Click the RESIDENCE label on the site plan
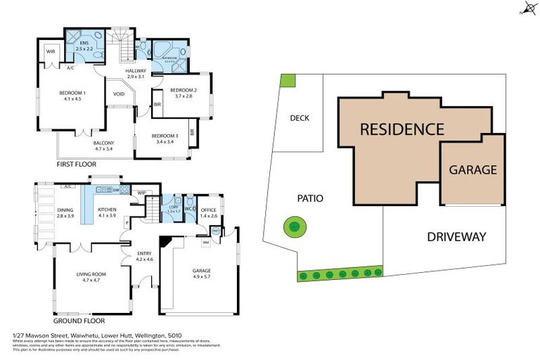pos(401,129)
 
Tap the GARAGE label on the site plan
pos(472,169)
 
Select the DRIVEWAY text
pos(456,237)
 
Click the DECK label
pos(300,118)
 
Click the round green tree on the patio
pos(294,226)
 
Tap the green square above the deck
pos(287,80)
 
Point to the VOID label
pos(119,94)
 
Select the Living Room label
pos(90,276)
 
